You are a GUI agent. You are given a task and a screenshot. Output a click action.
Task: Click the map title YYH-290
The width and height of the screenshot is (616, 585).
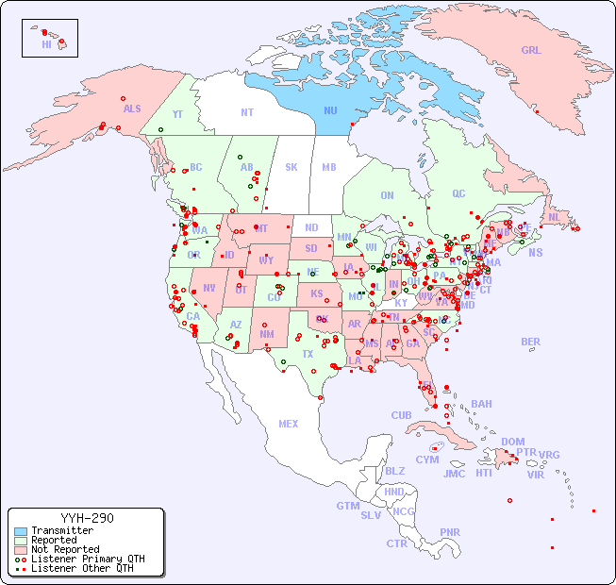(87, 518)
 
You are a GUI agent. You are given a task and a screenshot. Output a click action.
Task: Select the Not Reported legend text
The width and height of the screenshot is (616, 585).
(64, 549)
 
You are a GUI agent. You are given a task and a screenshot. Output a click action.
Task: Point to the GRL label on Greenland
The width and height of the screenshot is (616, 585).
(531, 50)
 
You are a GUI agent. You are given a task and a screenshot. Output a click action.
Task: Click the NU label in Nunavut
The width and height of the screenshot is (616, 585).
(330, 110)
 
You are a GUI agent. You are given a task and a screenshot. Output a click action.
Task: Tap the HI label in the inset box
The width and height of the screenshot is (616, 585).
(46, 44)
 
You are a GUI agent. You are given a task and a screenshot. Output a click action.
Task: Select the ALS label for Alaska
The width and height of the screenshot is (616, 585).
(132, 109)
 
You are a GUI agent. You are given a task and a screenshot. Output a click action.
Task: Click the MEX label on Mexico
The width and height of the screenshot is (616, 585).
(289, 424)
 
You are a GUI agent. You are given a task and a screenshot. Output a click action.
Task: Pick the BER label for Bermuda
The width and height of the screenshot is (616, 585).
(530, 342)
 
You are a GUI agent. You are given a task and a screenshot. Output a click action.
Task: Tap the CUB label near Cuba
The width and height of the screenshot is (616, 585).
(401, 415)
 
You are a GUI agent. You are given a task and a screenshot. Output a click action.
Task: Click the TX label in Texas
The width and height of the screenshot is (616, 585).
(308, 354)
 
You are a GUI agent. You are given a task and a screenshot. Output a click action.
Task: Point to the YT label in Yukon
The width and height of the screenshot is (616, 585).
(176, 113)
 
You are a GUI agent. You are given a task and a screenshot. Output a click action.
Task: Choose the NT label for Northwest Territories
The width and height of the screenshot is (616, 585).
(247, 111)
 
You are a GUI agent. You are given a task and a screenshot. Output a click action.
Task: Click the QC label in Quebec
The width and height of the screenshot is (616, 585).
(458, 193)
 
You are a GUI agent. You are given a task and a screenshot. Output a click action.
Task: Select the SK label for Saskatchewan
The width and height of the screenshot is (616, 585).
(291, 167)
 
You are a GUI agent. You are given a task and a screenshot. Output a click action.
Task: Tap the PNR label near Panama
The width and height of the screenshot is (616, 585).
(450, 532)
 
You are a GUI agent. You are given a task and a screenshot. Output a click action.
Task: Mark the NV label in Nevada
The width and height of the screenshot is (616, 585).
(208, 287)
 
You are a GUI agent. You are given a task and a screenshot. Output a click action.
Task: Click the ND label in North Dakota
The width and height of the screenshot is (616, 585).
(311, 227)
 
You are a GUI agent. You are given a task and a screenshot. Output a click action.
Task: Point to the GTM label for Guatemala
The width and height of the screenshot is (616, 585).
(347, 506)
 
